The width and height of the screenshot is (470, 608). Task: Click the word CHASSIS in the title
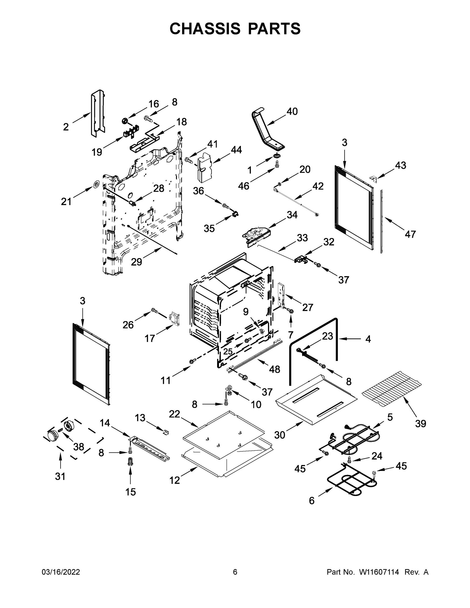click(205, 28)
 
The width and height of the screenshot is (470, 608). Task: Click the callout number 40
click(292, 111)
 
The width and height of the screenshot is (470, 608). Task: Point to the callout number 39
click(420, 424)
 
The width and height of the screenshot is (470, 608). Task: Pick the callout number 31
click(60, 476)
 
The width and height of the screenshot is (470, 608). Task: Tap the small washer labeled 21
click(96, 184)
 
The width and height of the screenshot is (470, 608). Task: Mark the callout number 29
click(136, 262)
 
